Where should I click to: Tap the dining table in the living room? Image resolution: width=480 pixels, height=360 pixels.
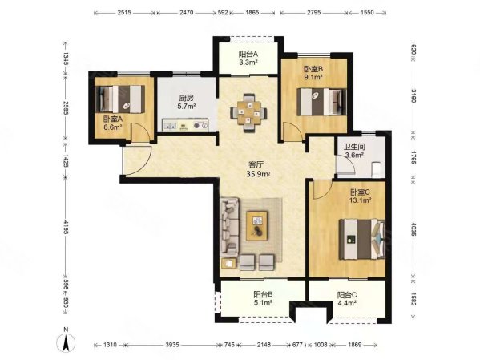click(x=248, y=113)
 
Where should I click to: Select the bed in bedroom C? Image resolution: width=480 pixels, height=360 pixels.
click(x=362, y=239)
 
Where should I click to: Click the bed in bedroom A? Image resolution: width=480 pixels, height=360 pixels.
click(x=119, y=99)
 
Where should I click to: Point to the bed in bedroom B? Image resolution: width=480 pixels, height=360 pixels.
click(x=322, y=102)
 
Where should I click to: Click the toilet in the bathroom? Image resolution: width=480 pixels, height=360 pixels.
click(x=376, y=169)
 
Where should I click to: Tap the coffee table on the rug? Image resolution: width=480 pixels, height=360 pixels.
click(x=257, y=225)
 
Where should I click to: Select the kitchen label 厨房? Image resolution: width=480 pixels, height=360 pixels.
click(x=187, y=99)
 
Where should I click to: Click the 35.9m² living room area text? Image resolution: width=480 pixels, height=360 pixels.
click(x=258, y=174)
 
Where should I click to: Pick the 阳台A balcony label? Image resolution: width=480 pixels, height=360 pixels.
click(x=248, y=55)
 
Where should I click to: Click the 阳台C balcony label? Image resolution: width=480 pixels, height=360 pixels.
click(x=347, y=295)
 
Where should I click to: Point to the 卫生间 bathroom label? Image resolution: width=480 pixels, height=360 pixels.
click(x=354, y=147)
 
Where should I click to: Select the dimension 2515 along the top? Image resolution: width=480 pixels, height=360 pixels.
click(x=124, y=13)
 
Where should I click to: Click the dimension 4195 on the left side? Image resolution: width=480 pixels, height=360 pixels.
click(x=65, y=227)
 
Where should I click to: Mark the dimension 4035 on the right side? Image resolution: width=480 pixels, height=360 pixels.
click(x=413, y=229)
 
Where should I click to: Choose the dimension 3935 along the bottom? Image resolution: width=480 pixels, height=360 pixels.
click(x=172, y=345)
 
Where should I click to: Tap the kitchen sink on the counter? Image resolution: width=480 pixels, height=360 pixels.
click(x=170, y=125)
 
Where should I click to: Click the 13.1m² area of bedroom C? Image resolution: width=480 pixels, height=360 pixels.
click(x=360, y=200)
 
